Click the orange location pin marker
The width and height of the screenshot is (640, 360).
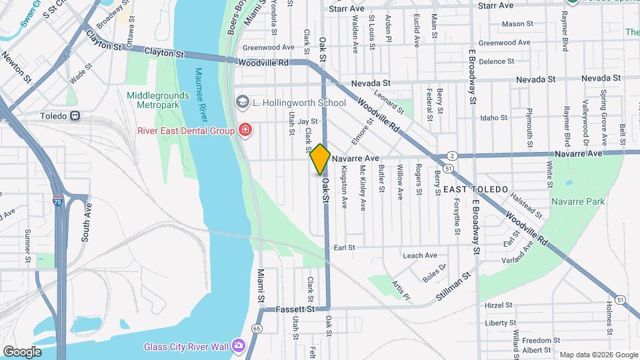click(x=320, y=159)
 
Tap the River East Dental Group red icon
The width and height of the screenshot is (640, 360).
click(x=245, y=129)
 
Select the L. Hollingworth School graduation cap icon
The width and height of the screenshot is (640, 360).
click(x=241, y=103)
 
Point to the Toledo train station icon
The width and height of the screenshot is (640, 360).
click(x=75, y=115)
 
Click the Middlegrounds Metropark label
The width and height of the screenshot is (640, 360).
click(x=154, y=100)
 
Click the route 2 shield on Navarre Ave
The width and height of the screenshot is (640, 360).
click(x=452, y=156)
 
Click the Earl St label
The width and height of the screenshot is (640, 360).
click(x=344, y=247)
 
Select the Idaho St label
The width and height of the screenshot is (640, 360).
click(x=493, y=117)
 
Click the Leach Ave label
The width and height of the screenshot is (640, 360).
click(x=420, y=255)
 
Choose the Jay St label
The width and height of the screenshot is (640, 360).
click(x=307, y=121)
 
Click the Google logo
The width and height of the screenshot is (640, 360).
click(x=22, y=351)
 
